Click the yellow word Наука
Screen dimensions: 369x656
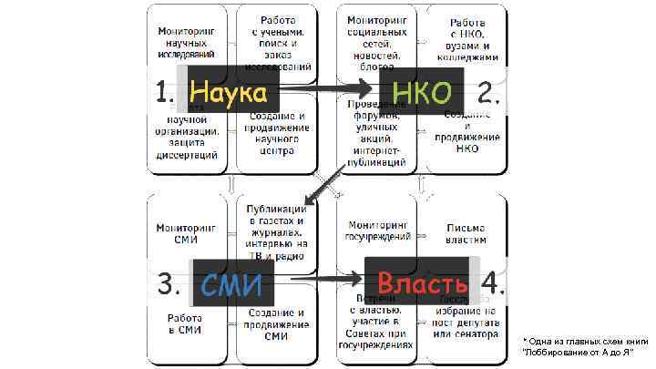click(228, 93)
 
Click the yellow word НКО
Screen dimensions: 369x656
click(422, 93)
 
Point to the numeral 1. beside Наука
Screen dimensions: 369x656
click(165, 93)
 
